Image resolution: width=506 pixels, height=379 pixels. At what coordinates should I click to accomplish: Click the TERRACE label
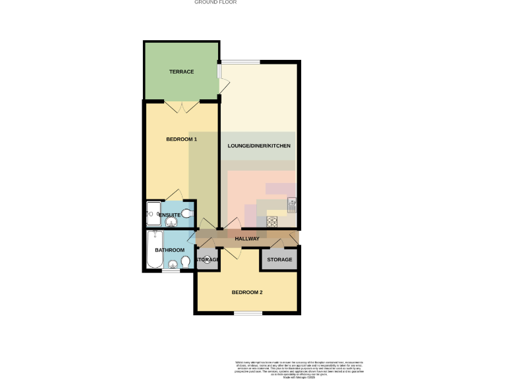pyautogui.click(x=181, y=72)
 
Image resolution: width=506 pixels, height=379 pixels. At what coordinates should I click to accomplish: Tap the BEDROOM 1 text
pyautogui.click(x=181, y=139)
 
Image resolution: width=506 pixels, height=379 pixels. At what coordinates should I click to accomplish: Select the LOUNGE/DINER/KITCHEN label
pyautogui.click(x=259, y=145)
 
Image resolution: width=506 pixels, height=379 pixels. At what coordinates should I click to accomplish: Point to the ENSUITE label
pyautogui.click(x=169, y=215)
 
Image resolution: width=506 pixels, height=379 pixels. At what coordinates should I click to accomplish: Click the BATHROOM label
pyautogui.click(x=169, y=250)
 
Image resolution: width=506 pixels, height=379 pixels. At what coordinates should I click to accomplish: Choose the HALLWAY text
pyautogui.click(x=247, y=238)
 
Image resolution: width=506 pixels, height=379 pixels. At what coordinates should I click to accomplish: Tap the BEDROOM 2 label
pyautogui.click(x=247, y=292)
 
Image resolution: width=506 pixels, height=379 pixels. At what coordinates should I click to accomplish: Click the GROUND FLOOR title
pyautogui.click(x=215, y=3)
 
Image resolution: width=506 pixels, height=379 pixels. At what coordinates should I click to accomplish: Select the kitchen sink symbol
pyautogui.click(x=292, y=205)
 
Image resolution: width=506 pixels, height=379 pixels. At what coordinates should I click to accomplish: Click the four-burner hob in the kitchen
pyautogui.click(x=271, y=222)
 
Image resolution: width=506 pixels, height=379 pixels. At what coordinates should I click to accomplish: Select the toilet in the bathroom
pyautogui.click(x=186, y=263)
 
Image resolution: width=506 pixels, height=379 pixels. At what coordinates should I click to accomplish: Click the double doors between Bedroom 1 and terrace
pyautogui.click(x=182, y=106)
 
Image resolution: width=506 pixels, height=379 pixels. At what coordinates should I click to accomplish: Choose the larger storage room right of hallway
pyautogui.click(x=279, y=260)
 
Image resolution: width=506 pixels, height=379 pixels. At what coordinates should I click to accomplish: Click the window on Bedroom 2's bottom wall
pyautogui.click(x=248, y=313)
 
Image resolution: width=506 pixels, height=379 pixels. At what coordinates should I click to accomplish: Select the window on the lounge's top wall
pyautogui.click(x=240, y=62)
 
